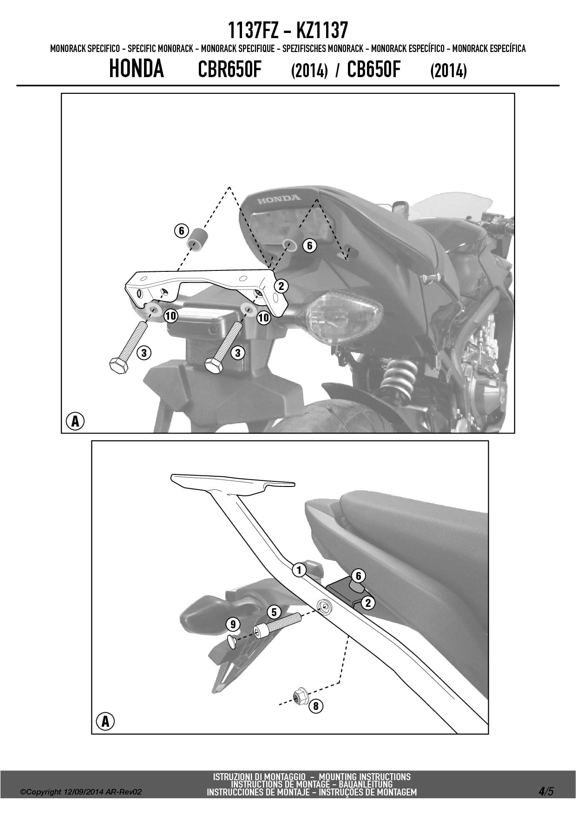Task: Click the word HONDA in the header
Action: click(x=137, y=69)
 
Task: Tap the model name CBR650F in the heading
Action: click(x=230, y=70)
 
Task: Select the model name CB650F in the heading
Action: click(x=373, y=70)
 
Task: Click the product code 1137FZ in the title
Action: click(x=253, y=31)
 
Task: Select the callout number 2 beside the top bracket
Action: click(x=281, y=286)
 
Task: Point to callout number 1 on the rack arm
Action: click(x=300, y=570)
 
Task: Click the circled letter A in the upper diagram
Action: click(x=75, y=421)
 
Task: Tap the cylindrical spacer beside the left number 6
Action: click(x=197, y=239)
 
